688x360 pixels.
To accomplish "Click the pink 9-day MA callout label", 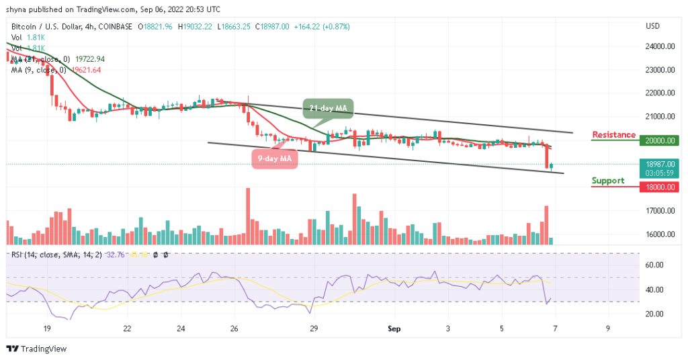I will [274, 158].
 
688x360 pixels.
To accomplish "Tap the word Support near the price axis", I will [607, 181].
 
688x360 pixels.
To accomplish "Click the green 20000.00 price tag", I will [658, 140].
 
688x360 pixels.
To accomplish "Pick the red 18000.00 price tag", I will [658, 187].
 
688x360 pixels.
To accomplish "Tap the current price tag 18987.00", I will [658, 163].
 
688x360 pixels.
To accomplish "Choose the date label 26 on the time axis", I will [232, 329].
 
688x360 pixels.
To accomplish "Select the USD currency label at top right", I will [652, 26].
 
